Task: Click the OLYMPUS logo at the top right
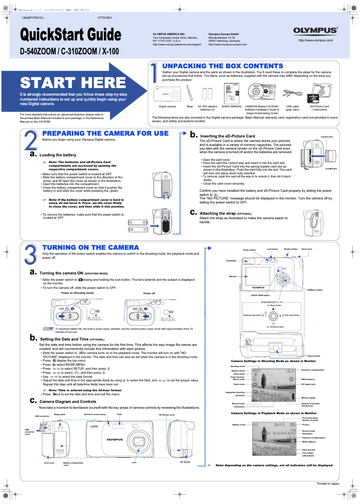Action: [x=316, y=31]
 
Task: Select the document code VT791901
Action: [x=104, y=18]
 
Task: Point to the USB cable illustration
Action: [x=292, y=95]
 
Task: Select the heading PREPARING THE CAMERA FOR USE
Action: [x=105, y=133]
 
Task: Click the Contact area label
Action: [x=327, y=137]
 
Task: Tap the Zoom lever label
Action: [x=307, y=248]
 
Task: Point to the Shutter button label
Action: [x=290, y=248]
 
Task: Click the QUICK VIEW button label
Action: [x=260, y=295]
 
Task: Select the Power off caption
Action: [x=149, y=293]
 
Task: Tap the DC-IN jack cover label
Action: [x=167, y=415]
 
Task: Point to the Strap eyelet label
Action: [x=60, y=415]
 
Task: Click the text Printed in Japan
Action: [x=328, y=483]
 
